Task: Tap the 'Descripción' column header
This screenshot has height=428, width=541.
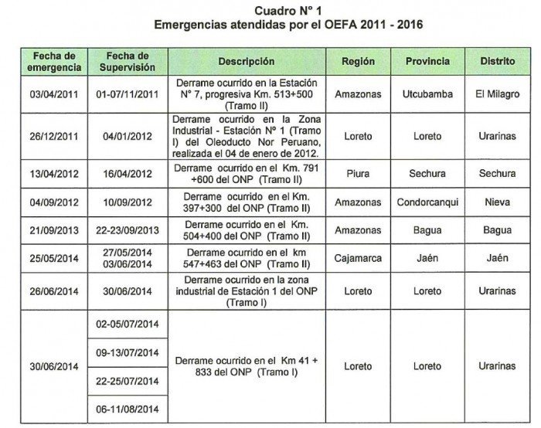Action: tap(246, 61)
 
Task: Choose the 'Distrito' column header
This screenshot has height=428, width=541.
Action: tap(498, 61)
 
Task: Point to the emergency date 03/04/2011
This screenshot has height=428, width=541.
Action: tap(53, 94)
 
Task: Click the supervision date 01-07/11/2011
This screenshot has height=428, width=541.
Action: tap(126, 94)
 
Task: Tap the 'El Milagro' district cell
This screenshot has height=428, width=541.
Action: tap(498, 94)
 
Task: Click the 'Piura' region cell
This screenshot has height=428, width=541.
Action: tap(358, 174)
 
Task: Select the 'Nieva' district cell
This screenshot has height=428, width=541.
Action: tap(498, 202)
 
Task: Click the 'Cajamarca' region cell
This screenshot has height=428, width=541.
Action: tap(358, 259)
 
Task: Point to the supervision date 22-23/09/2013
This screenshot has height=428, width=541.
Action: tap(126, 231)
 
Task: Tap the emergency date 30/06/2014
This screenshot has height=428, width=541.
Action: tap(53, 366)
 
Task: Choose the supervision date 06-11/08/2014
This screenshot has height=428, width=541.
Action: tap(126, 409)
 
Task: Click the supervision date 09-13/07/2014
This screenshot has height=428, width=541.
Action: tap(126, 352)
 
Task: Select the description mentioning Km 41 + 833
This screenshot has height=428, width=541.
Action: tap(246, 366)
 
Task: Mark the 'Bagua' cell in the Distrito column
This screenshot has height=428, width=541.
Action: tap(498, 231)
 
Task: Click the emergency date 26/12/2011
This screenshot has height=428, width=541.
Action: tap(53, 137)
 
